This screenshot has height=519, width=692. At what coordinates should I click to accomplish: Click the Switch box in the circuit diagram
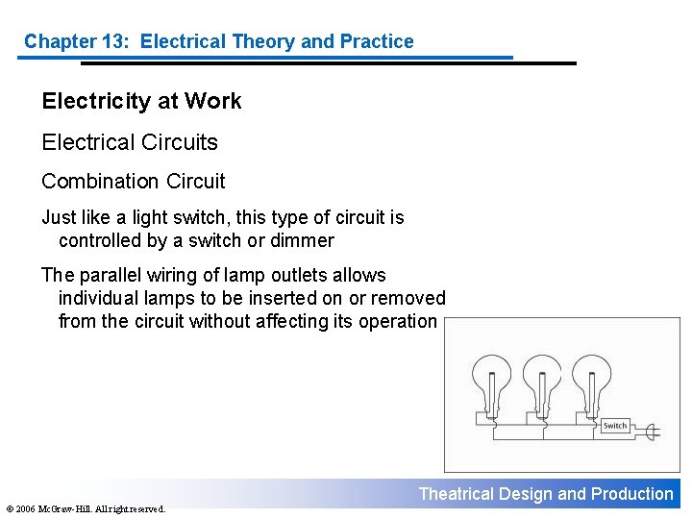tap(615, 425)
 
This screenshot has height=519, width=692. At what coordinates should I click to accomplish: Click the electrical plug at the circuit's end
tap(652, 432)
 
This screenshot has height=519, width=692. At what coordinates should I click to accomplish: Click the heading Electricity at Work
tap(141, 101)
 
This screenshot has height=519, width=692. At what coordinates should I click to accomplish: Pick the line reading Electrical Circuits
tap(130, 142)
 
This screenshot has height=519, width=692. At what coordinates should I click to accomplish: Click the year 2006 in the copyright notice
tap(26, 508)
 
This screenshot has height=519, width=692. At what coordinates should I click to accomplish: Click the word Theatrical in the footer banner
tap(456, 494)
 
